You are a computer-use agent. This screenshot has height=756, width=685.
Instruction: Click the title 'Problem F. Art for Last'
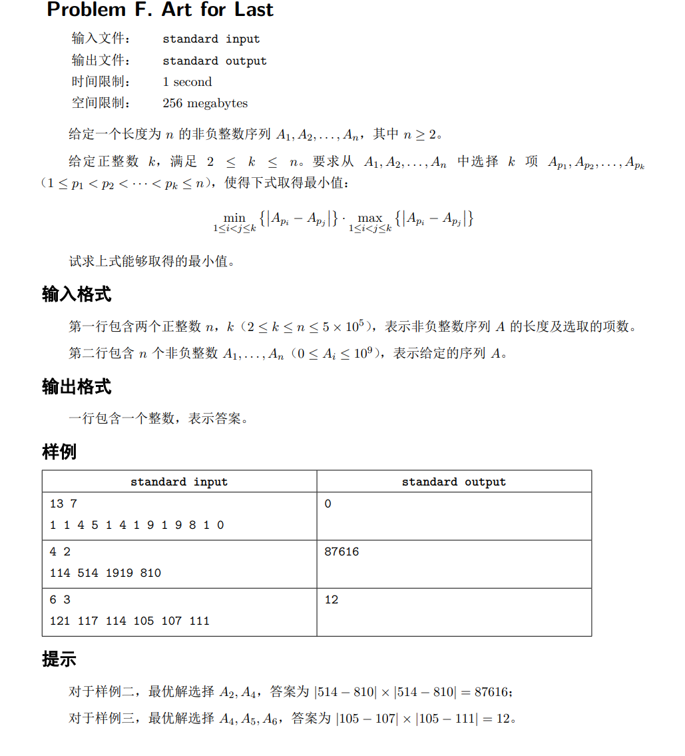point(160,10)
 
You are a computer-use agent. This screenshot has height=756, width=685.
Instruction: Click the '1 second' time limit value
point(187,82)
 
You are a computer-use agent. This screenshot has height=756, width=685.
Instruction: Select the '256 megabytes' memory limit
point(204,103)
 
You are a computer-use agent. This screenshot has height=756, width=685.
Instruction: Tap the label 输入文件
point(100,39)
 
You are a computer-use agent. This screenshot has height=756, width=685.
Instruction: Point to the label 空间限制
point(100,103)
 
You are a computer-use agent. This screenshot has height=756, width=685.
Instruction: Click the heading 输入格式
point(77,294)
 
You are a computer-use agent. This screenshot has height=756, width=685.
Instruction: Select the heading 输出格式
point(77,387)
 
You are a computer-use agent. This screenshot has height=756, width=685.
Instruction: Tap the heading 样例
point(59,452)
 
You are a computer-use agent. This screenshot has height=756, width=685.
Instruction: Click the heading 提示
point(59,659)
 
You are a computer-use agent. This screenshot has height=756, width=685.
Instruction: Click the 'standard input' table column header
point(179,482)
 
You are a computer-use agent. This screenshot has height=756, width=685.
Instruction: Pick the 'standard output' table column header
point(453,482)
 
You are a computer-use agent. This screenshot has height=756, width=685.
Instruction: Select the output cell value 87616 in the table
point(342,552)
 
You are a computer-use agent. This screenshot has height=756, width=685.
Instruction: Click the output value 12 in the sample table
point(332,599)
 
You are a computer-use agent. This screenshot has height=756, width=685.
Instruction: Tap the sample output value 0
point(328,504)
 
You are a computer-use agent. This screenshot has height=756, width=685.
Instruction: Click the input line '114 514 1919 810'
point(105,573)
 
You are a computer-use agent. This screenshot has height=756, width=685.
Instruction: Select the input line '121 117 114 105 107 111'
point(129,621)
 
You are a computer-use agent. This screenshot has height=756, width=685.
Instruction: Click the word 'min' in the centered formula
point(234,218)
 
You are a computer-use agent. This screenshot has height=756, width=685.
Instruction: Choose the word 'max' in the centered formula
point(370,218)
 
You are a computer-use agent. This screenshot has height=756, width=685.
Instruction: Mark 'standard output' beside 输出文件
point(214,61)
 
